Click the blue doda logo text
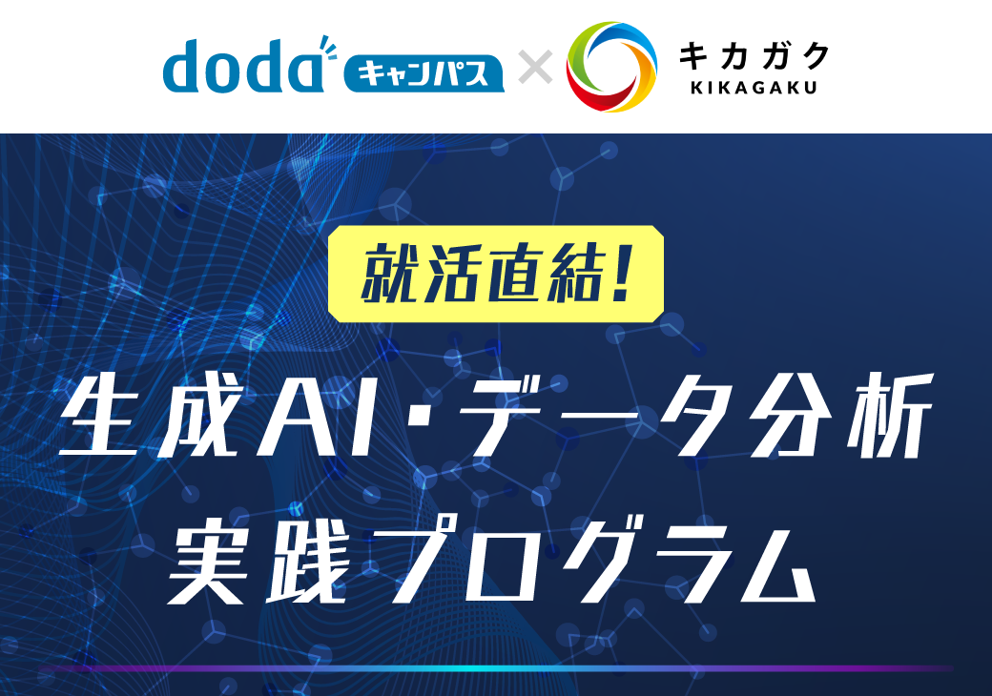point(243,67)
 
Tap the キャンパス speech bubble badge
point(424,72)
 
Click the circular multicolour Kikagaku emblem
point(611,67)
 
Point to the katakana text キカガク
point(754,56)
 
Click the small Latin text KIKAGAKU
point(754,90)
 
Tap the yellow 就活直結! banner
point(496,273)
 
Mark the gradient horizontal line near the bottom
point(496,668)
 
